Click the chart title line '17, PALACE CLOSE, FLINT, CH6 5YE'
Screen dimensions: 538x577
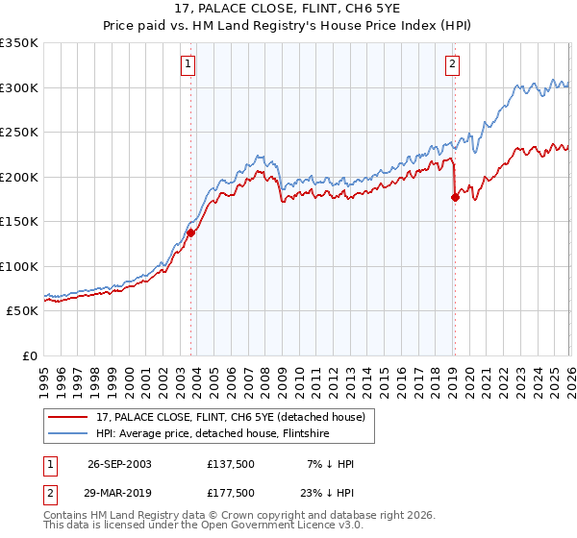point(288,9)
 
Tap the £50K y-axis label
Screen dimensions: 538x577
point(22,311)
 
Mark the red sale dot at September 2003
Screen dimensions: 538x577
point(191,232)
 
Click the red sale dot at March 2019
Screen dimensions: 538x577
point(455,197)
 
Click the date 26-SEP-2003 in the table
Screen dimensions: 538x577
point(119,464)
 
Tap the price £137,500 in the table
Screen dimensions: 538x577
point(230,464)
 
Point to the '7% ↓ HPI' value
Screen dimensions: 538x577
point(332,464)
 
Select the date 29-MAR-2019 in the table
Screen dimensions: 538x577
point(119,492)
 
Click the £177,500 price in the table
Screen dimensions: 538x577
point(230,492)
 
